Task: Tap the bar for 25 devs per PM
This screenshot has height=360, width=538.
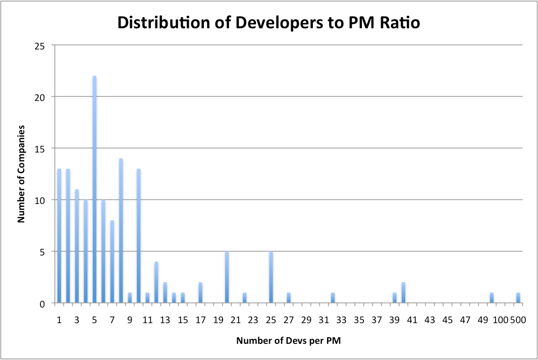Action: tap(271, 277)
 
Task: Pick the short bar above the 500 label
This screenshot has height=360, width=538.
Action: tap(518, 298)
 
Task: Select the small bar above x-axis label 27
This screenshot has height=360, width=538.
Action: tap(289, 298)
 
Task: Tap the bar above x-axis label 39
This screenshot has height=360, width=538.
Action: tap(395, 298)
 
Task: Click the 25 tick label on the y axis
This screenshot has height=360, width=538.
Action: tap(41, 45)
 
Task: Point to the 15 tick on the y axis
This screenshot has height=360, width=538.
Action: tap(41, 149)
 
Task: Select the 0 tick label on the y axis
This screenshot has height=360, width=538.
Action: tap(43, 303)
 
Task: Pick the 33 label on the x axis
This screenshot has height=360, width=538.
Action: tap(341, 320)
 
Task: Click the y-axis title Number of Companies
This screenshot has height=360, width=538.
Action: tap(21, 175)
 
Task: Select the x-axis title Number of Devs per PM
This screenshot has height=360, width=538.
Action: tap(288, 341)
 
